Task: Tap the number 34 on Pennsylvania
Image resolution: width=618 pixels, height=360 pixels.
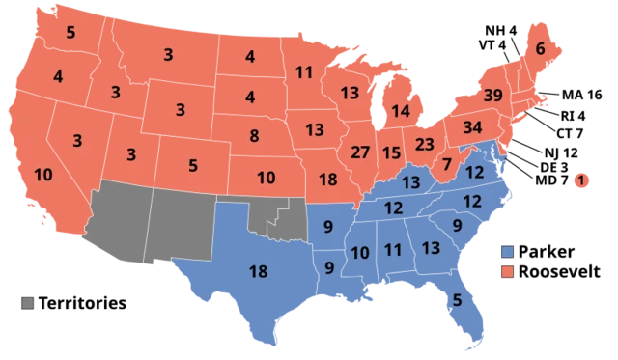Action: (x=473, y=127)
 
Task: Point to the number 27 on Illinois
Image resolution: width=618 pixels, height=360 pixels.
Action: (x=360, y=152)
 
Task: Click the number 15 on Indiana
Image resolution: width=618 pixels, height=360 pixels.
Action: (x=391, y=152)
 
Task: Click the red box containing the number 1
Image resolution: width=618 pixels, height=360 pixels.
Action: (x=581, y=179)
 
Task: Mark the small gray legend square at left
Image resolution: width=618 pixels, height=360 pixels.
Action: (x=28, y=303)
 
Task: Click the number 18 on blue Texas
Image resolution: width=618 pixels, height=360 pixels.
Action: (x=259, y=271)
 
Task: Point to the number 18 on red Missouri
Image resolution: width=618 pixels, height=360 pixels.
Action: (x=327, y=180)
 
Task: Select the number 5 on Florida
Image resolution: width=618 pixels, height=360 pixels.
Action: (x=457, y=300)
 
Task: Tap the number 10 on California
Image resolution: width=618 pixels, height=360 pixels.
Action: (x=42, y=175)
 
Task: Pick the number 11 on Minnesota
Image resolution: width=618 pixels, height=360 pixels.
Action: (x=304, y=72)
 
